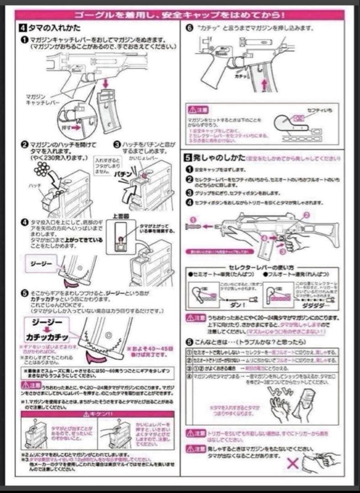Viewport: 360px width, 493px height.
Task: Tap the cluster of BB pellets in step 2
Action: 43,169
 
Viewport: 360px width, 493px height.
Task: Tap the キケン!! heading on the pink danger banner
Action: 97,414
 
